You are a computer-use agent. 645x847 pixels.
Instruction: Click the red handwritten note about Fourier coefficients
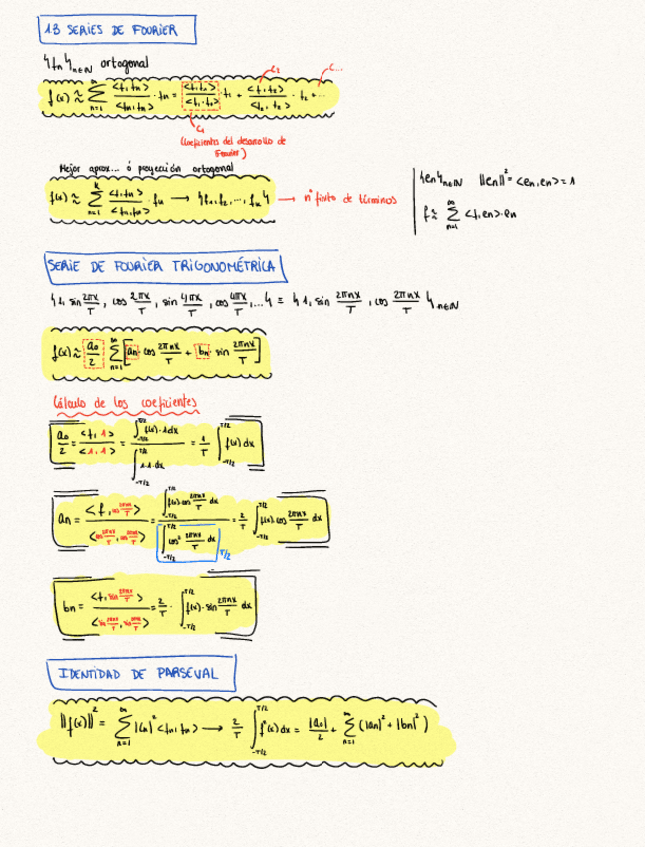[x=234, y=146]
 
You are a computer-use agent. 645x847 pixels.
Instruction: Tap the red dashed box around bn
[x=203, y=351]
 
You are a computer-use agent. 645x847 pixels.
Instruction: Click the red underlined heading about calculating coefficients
[x=125, y=403]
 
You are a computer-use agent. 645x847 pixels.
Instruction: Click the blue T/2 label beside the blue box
[x=226, y=555]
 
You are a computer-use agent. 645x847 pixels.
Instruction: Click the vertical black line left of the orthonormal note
[x=414, y=200]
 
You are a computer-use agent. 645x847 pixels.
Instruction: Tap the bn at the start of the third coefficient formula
[x=67, y=605]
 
